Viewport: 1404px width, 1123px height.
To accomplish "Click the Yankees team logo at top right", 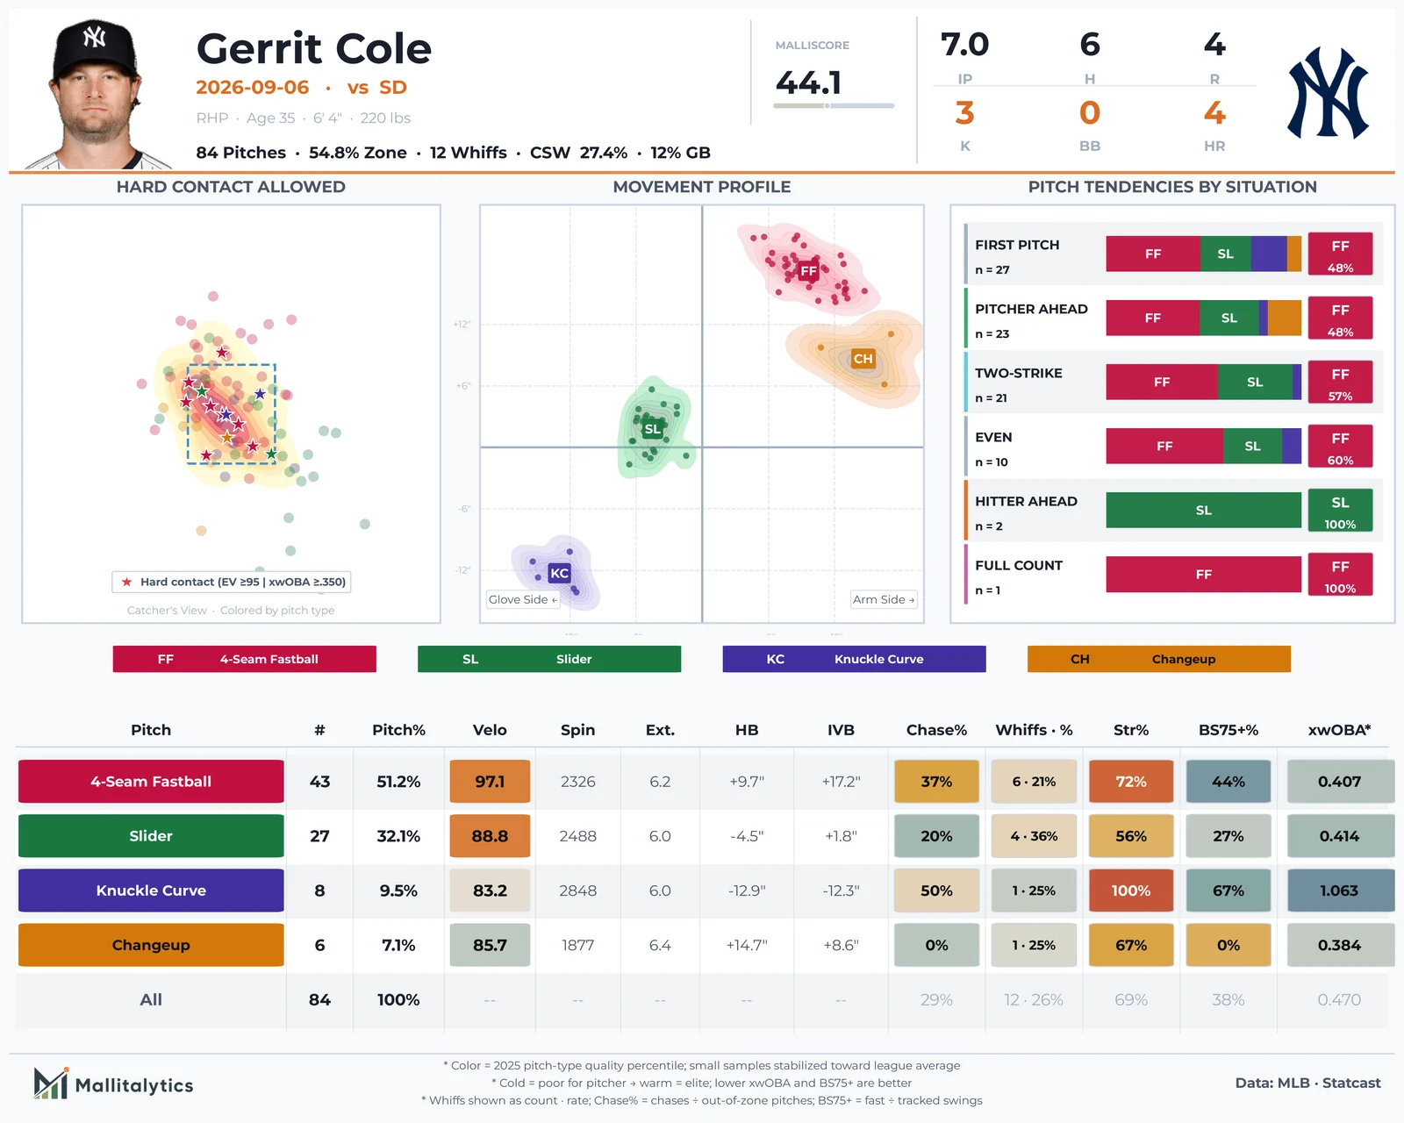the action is tap(1327, 93).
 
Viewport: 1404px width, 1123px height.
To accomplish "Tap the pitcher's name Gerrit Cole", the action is tap(314, 48).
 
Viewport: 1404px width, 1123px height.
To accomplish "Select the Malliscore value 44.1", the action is tap(808, 82).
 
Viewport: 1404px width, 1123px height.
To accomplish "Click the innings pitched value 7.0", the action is tap(964, 45).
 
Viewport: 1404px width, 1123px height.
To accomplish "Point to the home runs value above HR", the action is tap(1214, 113).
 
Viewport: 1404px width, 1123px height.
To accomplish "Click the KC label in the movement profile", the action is tap(559, 573).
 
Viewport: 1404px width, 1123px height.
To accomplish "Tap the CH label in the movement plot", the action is tap(863, 358).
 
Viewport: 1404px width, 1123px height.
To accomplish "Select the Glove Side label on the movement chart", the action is tap(523, 599).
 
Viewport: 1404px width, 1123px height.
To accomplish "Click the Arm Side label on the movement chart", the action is tap(884, 599).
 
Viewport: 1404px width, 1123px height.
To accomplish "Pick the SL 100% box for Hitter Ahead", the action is tap(1339, 511).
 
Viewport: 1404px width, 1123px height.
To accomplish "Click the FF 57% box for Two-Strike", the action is tap(1339, 383).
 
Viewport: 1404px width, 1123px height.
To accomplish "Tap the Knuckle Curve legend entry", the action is tap(853, 659).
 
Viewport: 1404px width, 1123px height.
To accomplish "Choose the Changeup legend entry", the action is tap(1158, 659).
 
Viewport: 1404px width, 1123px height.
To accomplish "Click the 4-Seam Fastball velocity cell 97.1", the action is tap(490, 781).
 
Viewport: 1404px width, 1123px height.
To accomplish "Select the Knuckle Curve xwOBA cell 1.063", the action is tap(1339, 890).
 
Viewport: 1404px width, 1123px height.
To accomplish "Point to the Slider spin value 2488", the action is tap(577, 836).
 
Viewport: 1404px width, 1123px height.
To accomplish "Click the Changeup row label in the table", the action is tap(151, 945).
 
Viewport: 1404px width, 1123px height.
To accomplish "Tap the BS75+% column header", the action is tap(1228, 730).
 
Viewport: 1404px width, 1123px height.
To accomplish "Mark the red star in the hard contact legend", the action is tap(126, 582).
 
